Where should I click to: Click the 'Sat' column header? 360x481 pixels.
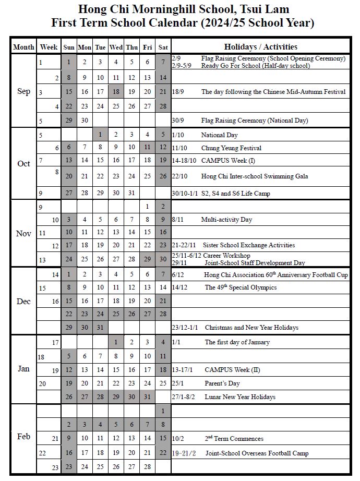163,47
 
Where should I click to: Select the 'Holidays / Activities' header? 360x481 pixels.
261,46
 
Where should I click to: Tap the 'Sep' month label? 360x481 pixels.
23,91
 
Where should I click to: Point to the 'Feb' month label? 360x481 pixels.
23,437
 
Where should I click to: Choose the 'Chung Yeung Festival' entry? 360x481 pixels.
231,148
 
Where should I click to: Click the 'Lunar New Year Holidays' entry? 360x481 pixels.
240,397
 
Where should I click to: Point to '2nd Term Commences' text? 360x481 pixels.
234,439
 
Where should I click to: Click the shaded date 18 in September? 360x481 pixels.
116,92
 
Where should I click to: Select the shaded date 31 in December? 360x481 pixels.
100,328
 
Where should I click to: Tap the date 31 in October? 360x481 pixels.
131,194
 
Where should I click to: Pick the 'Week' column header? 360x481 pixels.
49,47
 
